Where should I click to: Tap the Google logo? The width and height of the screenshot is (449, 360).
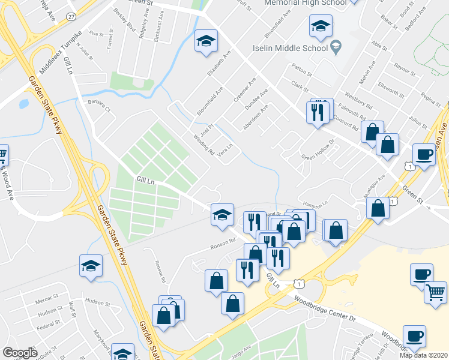pos(20,353)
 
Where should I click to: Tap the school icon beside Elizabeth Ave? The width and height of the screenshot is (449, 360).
pos(206,41)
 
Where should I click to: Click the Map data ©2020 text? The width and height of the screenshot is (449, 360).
pos(424,355)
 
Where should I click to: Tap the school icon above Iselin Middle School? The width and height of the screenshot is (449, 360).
pos(321,26)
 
